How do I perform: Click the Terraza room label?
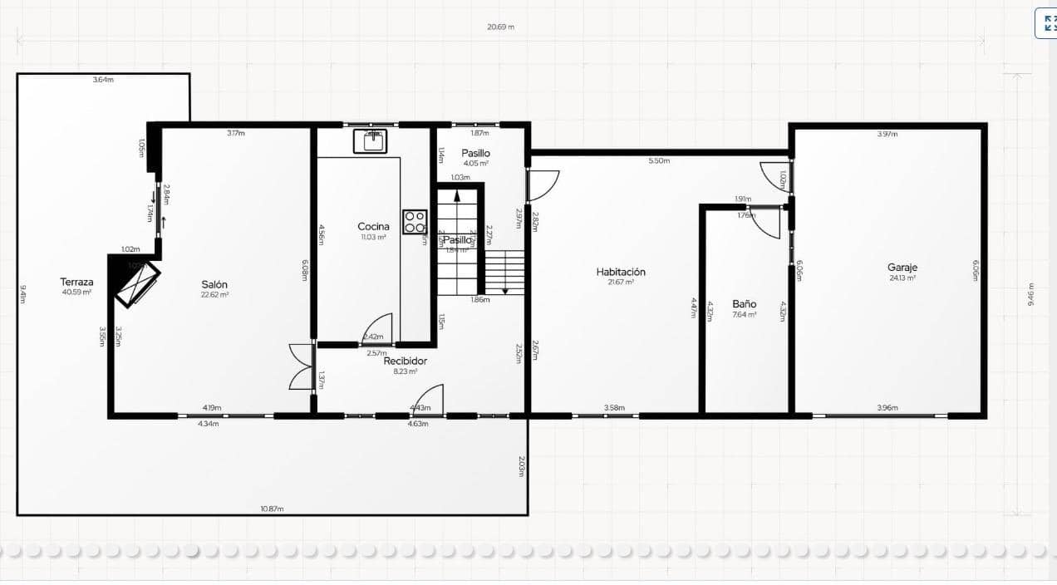(x=76, y=282)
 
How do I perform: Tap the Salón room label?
(x=214, y=284)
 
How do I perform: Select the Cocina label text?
(x=373, y=226)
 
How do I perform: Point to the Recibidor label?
(x=405, y=361)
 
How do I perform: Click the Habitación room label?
(x=621, y=272)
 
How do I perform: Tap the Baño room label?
(x=744, y=304)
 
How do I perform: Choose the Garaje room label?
(x=902, y=268)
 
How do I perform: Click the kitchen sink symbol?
(x=371, y=140)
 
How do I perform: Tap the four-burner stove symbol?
(x=415, y=222)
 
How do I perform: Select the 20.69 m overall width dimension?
(x=500, y=27)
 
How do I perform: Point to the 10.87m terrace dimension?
(x=272, y=508)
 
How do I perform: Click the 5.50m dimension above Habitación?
(x=659, y=160)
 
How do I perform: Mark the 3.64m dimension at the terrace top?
(x=103, y=80)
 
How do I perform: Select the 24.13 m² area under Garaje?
(x=902, y=278)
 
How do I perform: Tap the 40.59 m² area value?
(x=76, y=292)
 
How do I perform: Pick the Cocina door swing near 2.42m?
(x=378, y=327)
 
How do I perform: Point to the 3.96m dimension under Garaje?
(x=887, y=408)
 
